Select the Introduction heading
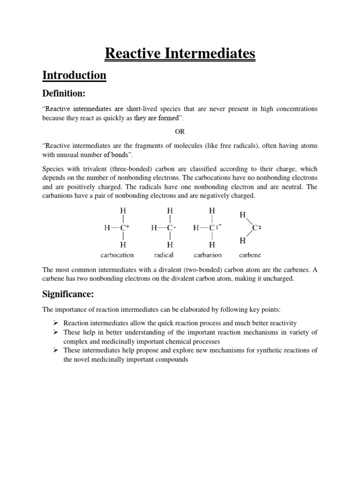point(75,75)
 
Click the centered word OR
point(180,132)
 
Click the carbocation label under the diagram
point(117,255)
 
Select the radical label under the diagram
point(164,255)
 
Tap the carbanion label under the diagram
point(208,255)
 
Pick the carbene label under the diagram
point(250,255)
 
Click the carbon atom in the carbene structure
point(255,228)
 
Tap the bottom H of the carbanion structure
point(212,244)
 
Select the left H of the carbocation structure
point(107,228)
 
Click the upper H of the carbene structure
point(242,215)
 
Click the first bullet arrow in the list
point(55,323)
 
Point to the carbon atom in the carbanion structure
point(212,228)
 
